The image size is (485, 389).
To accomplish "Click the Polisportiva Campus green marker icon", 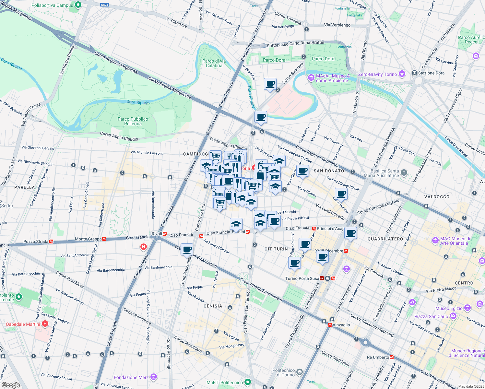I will [x=78, y=5].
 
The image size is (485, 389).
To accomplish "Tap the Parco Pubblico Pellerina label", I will [x=133, y=121].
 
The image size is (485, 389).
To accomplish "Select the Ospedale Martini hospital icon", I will [x=45, y=324].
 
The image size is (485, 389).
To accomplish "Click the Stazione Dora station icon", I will [x=414, y=73].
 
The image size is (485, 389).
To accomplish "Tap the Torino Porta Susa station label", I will [x=302, y=278].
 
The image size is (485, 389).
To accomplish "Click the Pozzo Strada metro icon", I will [x=51, y=242].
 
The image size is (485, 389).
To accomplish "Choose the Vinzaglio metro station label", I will [x=341, y=325].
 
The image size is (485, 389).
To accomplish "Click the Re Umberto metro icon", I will [x=392, y=357].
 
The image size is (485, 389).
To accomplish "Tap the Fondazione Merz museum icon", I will [x=154, y=377].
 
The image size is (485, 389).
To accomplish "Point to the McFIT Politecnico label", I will [x=224, y=383].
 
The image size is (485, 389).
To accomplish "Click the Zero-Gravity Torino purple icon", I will [x=402, y=74].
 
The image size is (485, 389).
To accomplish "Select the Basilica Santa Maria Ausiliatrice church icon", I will [x=404, y=172].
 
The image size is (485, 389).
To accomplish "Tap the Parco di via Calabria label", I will [x=214, y=63].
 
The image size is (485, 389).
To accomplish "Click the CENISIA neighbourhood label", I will [x=213, y=306].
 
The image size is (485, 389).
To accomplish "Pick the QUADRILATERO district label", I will [x=385, y=239].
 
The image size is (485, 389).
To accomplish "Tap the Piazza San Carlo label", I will [x=431, y=316].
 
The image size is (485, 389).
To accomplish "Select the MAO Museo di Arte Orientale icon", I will [x=435, y=241].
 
